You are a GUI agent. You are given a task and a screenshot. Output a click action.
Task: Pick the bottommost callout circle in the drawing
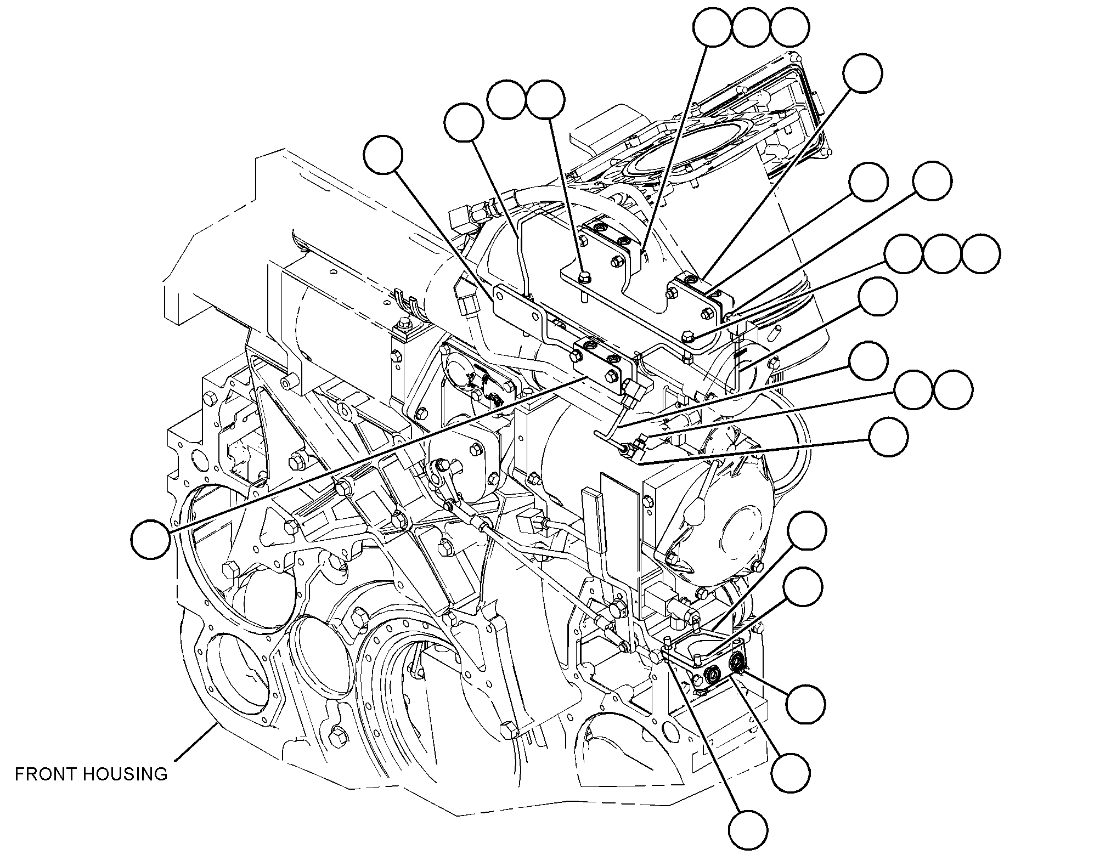pos(748,830)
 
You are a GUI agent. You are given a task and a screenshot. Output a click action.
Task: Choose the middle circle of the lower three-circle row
pos(943,254)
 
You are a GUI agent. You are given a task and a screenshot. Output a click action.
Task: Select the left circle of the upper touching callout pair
pos(507,100)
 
